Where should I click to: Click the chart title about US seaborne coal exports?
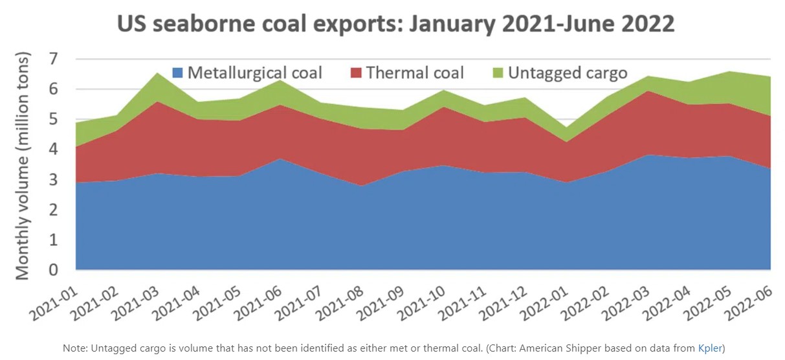(395, 25)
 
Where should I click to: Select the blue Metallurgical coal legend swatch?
(177, 73)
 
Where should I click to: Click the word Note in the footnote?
(73, 348)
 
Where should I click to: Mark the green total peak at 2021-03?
(157, 73)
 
